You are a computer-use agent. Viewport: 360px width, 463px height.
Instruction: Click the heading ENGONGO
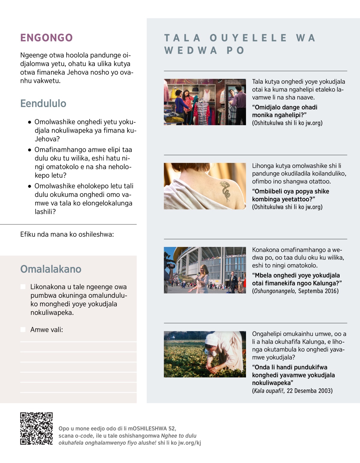pos(46,38)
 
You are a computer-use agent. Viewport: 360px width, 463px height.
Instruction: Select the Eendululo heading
pos(43,104)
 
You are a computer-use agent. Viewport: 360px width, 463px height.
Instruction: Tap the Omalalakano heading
pos(51,269)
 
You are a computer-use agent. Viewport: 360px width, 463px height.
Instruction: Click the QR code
pos(36,428)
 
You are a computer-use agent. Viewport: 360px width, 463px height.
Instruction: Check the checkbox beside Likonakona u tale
pos(23,287)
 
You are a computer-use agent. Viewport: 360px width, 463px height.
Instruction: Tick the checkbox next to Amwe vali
pos(23,330)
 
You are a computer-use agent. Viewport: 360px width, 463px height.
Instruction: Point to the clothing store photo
pos(205,102)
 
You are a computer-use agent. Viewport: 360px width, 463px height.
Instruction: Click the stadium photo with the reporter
pos(205,270)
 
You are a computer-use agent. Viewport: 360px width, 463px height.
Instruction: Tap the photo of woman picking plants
pos(205,354)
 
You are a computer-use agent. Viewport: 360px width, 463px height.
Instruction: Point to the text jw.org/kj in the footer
pos(190,443)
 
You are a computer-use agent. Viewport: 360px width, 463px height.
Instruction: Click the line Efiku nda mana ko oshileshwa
pos(67,234)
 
